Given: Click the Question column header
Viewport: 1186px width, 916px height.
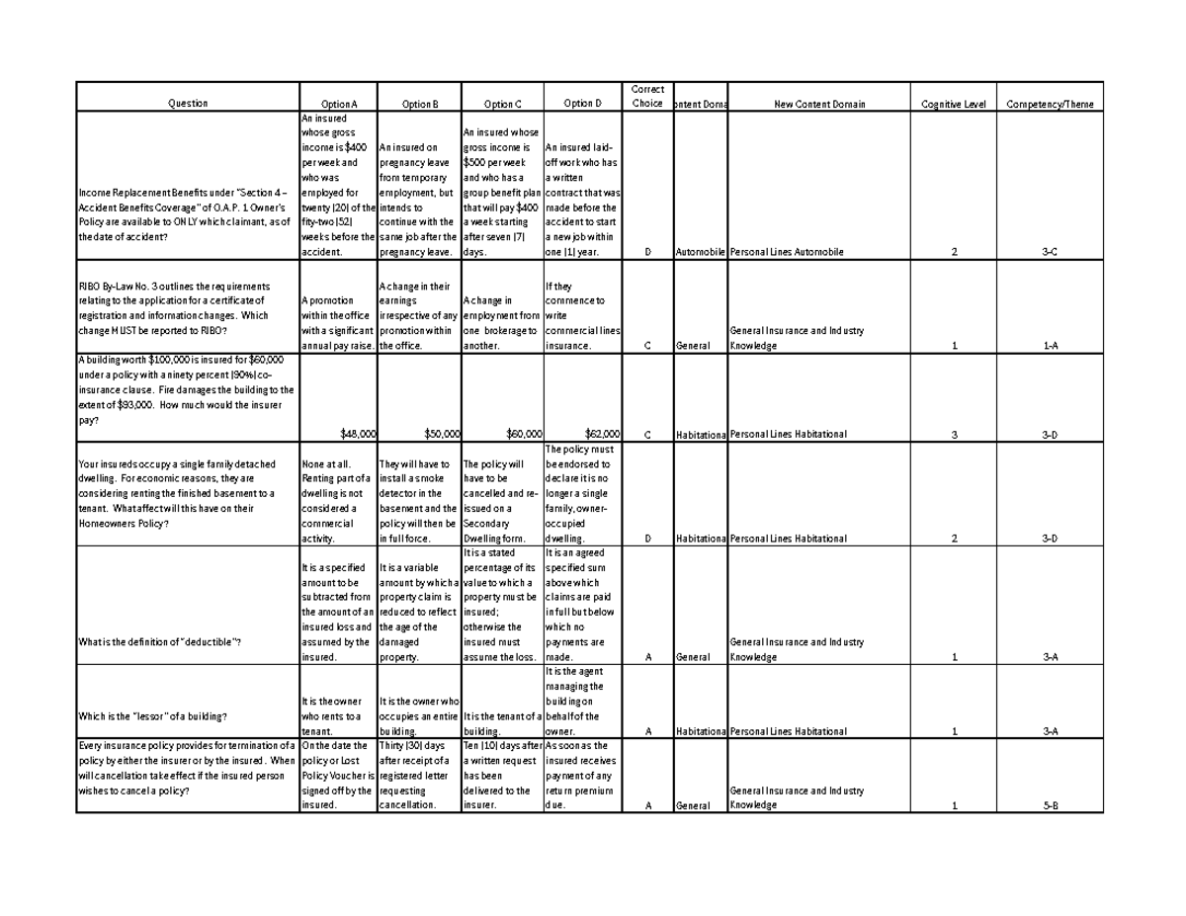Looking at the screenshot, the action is click(187, 104).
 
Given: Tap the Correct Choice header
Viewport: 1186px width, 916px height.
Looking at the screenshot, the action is click(647, 96).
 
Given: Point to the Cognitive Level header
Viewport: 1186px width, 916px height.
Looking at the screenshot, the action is click(954, 104).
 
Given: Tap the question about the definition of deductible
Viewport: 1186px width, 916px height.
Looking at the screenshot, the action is click(159, 642).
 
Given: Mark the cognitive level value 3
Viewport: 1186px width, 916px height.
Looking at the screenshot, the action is click(954, 434).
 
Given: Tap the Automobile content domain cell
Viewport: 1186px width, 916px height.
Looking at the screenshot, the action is click(699, 252).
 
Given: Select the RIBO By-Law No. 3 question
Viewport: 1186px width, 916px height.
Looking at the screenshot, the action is click(178, 308).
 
